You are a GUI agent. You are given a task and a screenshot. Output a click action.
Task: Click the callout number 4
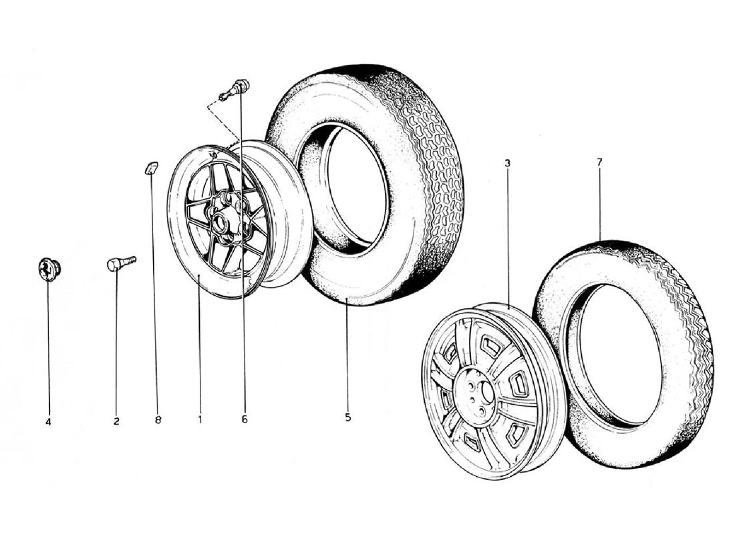pyautogui.click(x=48, y=422)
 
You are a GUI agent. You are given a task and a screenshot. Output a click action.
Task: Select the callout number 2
pyautogui.click(x=116, y=422)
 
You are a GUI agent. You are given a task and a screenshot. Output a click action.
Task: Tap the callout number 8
pyautogui.click(x=158, y=421)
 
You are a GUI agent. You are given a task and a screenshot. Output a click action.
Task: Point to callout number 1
pyautogui.click(x=200, y=420)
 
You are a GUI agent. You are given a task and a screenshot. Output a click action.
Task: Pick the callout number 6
pyautogui.click(x=245, y=419)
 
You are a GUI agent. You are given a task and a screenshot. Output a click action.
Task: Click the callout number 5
pyautogui.click(x=348, y=418)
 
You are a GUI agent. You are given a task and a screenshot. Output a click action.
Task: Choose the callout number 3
pyautogui.click(x=508, y=163)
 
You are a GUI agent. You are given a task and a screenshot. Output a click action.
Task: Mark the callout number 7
pyautogui.click(x=599, y=163)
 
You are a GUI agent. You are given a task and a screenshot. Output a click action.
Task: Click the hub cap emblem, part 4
pyautogui.click(x=49, y=268)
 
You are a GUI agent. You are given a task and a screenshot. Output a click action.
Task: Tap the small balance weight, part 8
pyautogui.click(x=150, y=167)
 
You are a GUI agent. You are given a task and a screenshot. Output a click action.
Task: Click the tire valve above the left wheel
pyautogui.click(x=235, y=90)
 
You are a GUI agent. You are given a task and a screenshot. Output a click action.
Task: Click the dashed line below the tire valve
pyautogui.click(x=220, y=120)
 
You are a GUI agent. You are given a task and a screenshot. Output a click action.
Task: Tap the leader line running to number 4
pyautogui.click(x=48, y=348)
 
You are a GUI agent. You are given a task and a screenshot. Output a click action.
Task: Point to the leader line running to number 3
pyautogui.click(x=508, y=234)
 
